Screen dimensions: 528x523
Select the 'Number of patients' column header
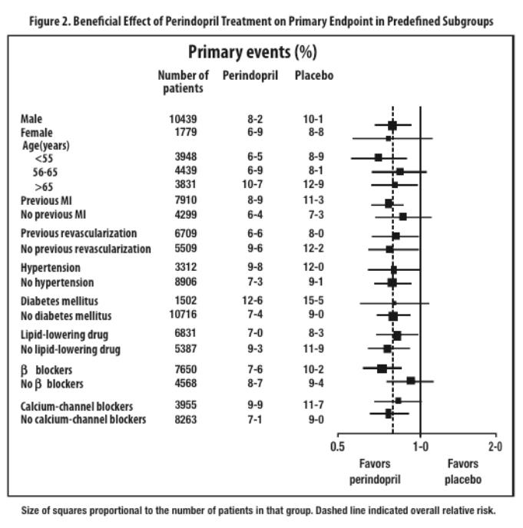[x=183, y=81]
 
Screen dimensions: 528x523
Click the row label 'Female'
[x=37, y=133]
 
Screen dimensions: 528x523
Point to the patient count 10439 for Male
[x=184, y=119]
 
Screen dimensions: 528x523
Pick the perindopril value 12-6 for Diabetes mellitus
[x=251, y=301]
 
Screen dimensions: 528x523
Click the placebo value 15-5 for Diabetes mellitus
[x=314, y=301]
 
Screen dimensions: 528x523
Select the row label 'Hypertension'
[x=51, y=268]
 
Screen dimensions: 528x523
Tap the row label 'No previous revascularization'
[x=85, y=249]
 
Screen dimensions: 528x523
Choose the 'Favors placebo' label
[x=463, y=470]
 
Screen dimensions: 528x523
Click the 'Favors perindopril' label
[x=374, y=470]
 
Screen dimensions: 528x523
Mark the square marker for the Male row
[x=392, y=125]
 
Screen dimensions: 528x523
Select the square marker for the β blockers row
[x=382, y=368]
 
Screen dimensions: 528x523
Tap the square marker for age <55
[x=378, y=157]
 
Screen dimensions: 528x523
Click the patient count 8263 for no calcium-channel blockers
[x=184, y=420]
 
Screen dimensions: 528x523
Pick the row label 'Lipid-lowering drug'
[x=65, y=335]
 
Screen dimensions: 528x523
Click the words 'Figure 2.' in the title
[x=50, y=21]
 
